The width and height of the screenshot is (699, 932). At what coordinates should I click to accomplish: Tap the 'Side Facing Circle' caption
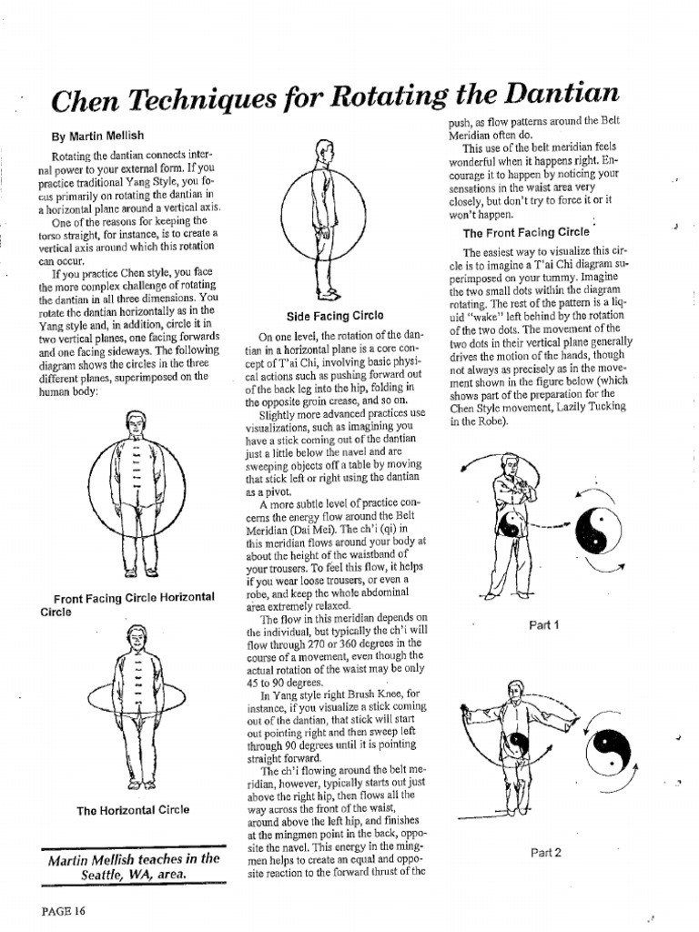click(x=321, y=317)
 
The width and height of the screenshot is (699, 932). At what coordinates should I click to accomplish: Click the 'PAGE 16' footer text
click(x=63, y=909)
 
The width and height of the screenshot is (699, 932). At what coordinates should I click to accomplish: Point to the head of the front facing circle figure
click(x=135, y=421)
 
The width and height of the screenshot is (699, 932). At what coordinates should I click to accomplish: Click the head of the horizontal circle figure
click(x=137, y=637)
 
